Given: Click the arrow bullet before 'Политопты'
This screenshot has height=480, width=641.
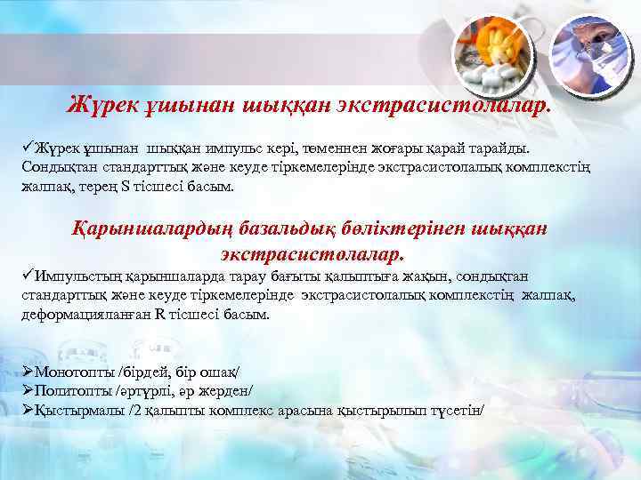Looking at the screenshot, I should (x=28, y=390).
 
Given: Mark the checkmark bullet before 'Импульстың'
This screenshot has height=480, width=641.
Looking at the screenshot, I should (x=28, y=274).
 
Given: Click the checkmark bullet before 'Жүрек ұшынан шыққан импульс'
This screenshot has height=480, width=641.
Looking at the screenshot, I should (x=28, y=146).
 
